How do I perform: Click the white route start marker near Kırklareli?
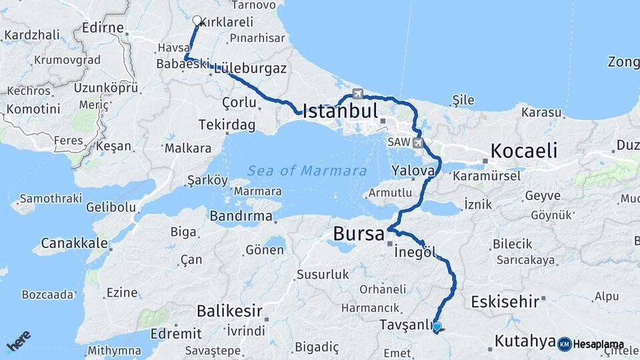(197, 21)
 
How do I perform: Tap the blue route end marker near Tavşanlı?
(437, 327)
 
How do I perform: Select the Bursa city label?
(359, 234)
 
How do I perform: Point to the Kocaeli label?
(523, 151)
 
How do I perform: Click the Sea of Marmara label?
(307, 171)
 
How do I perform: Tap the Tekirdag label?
(227, 125)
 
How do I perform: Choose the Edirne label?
(103, 28)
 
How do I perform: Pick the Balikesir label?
(229, 311)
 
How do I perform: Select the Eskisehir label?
(505, 302)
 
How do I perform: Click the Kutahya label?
(525, 341)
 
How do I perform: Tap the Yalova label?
(414, 170)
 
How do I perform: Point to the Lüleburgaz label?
(251, 68)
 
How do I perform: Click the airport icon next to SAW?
(419, 142)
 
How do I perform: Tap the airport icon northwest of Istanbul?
(357, 93)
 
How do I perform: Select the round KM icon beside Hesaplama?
(564, 344)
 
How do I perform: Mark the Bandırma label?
(241, 216)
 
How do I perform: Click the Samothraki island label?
(51, 199)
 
